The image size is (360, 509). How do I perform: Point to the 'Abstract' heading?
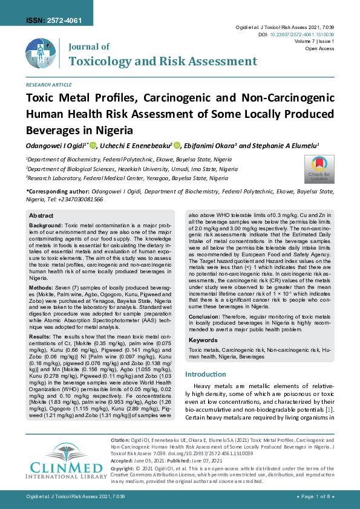click(x=41, y=216)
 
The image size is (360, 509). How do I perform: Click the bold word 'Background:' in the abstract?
click(x=46, y=225)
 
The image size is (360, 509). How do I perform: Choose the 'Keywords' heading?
click(x=203, y=341)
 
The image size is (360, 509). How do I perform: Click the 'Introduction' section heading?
click(x=206, y=374)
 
